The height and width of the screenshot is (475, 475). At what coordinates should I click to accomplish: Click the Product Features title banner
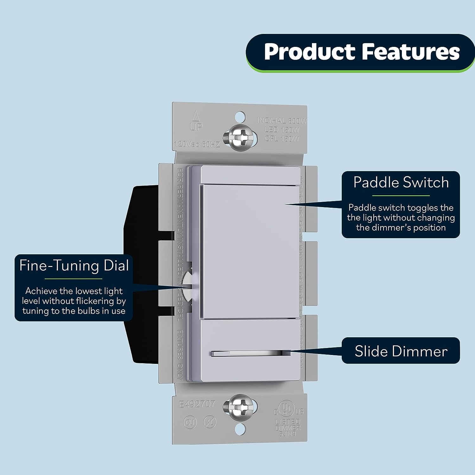tap(361, 52)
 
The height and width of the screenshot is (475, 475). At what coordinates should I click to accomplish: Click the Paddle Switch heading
tap(401, 183)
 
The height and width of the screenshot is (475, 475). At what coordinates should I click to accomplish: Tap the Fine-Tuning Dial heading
tap(74, 266)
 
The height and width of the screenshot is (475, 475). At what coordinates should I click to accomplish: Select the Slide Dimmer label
tap(401, 351)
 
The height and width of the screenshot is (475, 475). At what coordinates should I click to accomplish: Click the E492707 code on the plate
tap(197, 404)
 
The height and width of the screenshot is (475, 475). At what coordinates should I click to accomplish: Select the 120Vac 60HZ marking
tap(197, 144)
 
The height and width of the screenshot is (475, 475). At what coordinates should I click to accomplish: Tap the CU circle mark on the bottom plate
tap(190, 422)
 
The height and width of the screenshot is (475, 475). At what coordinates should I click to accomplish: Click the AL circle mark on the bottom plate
tap(210, 422)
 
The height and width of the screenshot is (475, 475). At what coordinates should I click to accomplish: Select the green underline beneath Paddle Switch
tap(401, 196)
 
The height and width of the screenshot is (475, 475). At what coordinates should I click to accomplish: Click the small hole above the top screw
tap(240, 116)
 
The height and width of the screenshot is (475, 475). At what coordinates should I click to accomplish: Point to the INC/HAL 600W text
tap(282, 121)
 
